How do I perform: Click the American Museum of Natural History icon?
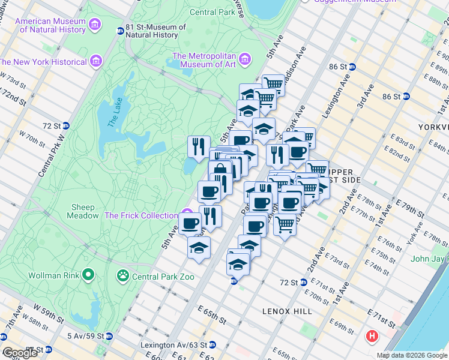pos(94,25)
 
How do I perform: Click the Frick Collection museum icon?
pos(187,215)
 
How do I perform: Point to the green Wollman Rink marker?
pos(89,275)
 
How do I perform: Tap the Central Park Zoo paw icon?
pos(123,275)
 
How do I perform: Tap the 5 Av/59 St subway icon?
pos(109,335)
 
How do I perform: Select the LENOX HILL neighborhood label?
pos(287,311)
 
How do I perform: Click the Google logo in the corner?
pos(19,353)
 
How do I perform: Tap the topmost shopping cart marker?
pos(273,83)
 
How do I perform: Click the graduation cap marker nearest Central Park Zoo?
pos(199,247)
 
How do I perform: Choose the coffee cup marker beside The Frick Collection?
pos(190,223)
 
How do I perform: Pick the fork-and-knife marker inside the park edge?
pos(198,146)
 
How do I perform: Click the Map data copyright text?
pos(412,355)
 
